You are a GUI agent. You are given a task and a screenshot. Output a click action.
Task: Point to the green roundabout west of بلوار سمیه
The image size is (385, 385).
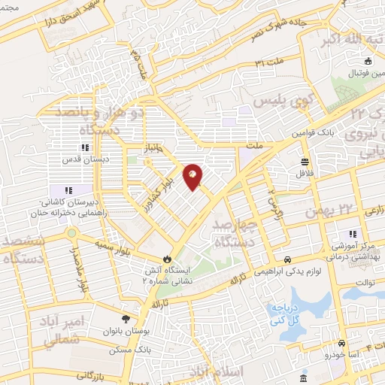(x=71, y=242)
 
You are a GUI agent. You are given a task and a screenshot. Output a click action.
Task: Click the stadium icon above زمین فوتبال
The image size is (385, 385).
(x=368, y=62)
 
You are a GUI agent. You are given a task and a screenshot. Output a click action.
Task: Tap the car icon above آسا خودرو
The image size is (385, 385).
(x=342, y=341)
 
